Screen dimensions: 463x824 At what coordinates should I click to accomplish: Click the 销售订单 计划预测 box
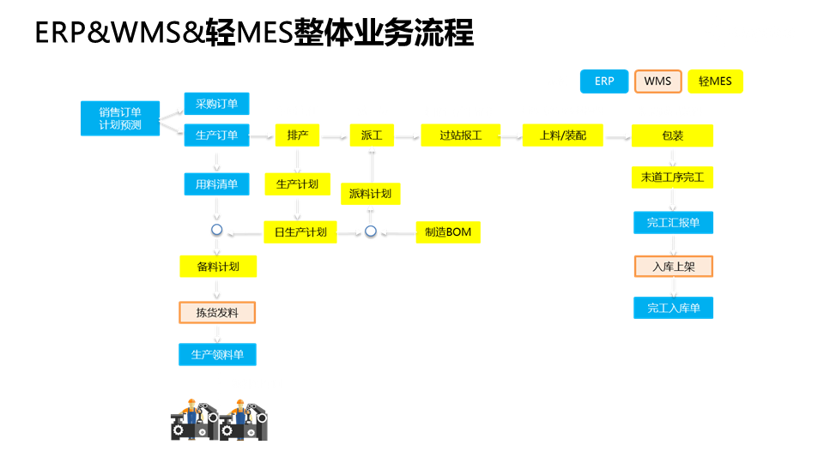[119, 118]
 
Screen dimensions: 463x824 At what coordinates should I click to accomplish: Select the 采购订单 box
[216, 104]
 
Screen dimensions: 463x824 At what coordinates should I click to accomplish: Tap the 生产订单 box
[216, 135]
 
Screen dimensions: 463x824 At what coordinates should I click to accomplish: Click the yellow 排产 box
[297, 135]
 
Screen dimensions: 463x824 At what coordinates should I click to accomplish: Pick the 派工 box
[371, 135]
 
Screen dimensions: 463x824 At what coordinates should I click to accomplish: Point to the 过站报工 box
[460, 135]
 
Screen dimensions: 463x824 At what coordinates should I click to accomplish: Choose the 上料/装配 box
[563, 135]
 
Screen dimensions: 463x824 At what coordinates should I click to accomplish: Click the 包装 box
[672, 135]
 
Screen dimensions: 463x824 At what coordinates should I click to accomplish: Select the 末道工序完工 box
[672, 178]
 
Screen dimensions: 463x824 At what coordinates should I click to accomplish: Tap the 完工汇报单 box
[673, 223]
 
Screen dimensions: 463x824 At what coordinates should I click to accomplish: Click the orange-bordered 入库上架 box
[673, 267]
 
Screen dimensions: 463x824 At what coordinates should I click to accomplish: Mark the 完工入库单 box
[673, 308]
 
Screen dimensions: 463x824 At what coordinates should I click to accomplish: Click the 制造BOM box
[448, 231]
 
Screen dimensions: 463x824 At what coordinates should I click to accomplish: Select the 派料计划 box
[371, 194]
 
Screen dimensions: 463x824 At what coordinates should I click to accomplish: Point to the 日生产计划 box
[300, 231]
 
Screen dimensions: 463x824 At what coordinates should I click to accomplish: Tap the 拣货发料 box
[217, 312]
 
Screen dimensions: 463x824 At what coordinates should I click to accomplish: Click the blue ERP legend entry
[603, 81]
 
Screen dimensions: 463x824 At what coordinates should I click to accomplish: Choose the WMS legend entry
[657, 81]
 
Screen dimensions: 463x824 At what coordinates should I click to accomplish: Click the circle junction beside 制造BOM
[371, 231]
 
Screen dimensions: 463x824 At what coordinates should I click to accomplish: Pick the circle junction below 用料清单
[216, 231]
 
